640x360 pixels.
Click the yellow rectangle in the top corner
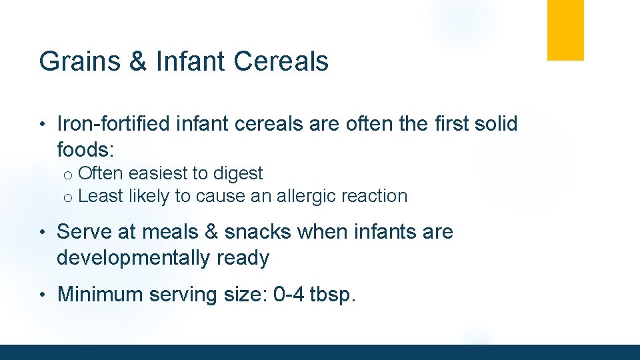point(565,30)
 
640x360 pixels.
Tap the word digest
point(237,174)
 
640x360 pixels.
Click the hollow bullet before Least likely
point(67,197)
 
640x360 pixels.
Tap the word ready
point(243,258)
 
